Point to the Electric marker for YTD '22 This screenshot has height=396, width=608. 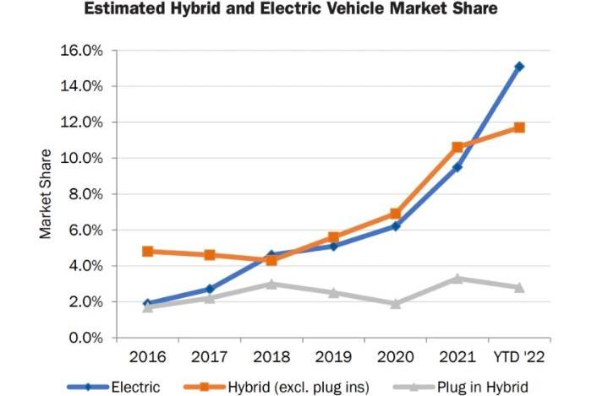[519, 66]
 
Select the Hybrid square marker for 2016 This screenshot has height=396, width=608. [148, 251]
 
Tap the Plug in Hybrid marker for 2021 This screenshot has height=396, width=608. [457, 278]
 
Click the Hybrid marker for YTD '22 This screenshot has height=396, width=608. [519, 127]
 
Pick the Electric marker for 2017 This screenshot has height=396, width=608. [210, 289]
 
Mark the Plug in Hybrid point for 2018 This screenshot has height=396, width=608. [271, 284]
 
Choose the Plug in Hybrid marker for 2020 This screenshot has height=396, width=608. [396, 303]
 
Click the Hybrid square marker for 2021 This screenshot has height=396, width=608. [457, 147]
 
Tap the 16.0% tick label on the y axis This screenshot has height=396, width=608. [81, 51]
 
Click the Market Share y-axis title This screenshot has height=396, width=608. [46, 194]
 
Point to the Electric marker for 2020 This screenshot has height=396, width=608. [396, 226]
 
